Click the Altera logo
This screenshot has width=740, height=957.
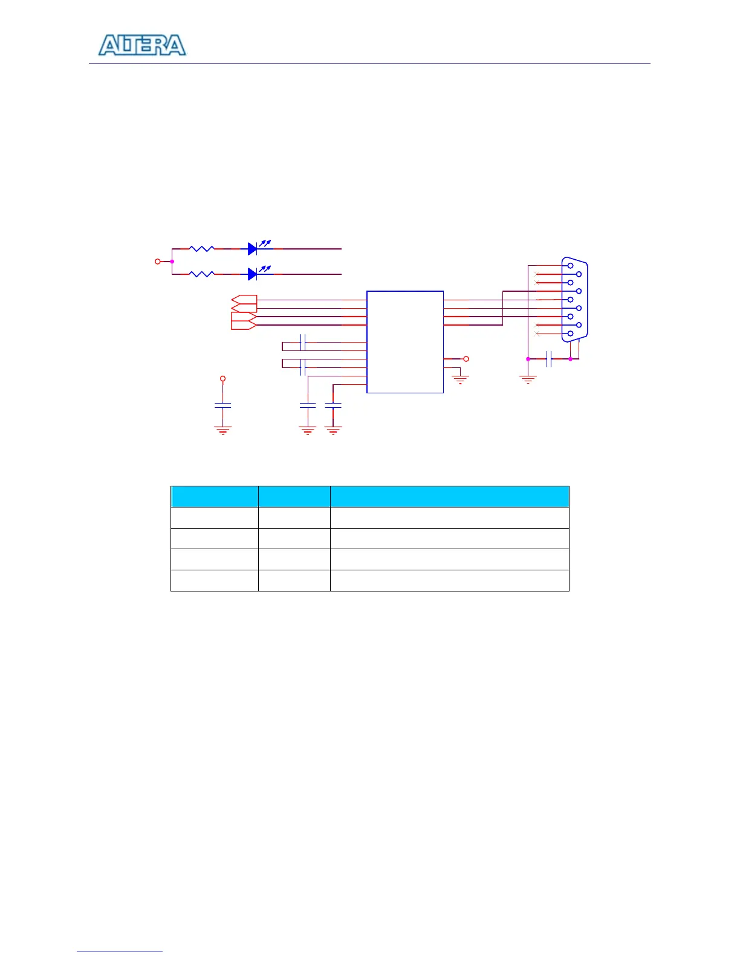[x=142, y=46]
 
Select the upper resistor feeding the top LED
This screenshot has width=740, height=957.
[x=201, y=248]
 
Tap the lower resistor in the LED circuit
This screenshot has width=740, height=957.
[x=201, y=274]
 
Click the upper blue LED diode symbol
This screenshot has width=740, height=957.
[x=253, y=248]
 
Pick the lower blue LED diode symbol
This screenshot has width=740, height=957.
[x=253, y=274]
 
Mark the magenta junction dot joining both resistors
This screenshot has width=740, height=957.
[x=172, y=262]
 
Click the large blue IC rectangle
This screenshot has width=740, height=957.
[x=405, y=342]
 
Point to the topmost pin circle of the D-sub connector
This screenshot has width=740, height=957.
[x=570, y=265]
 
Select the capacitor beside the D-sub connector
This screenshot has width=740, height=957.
[x=548, y=359]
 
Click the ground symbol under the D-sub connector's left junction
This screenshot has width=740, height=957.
[x=528, y=379]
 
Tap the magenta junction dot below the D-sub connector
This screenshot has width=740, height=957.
[x=570, y=359]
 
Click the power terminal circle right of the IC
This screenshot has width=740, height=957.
[x=466, y=359]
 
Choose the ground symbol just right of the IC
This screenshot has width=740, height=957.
[x=460, y=380]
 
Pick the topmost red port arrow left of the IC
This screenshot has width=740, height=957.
[x=244, y=300]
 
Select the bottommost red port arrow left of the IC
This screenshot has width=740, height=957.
[x=244, y=325]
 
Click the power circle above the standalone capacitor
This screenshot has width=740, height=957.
[x=223, y=379]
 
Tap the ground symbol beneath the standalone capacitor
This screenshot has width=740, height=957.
[x=223, y=430]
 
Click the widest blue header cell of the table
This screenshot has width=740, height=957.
[x=449, y=497]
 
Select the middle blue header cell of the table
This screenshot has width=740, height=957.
[x=294, y=497]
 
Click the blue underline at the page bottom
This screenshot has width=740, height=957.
[x=120, y=952]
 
